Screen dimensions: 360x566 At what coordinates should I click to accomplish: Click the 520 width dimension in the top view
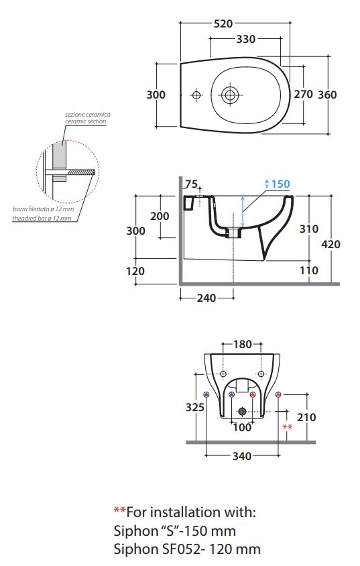(223, 24)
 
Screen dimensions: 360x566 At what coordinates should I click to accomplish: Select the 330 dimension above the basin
(245, 39)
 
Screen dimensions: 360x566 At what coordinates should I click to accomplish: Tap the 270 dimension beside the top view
(303, 94)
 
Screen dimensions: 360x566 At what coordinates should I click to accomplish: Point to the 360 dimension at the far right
(326, 95)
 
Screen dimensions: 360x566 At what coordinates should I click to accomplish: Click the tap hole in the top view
(196, 95)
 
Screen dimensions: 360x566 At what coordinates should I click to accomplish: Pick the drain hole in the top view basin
(229, 95)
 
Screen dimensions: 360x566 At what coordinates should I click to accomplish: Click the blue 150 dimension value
(280, 184)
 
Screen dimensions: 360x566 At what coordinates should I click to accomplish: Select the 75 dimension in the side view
(191, 184)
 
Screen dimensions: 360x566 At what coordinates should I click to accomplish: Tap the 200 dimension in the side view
(160, 216)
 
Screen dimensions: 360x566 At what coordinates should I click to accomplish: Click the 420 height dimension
(331, 244)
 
